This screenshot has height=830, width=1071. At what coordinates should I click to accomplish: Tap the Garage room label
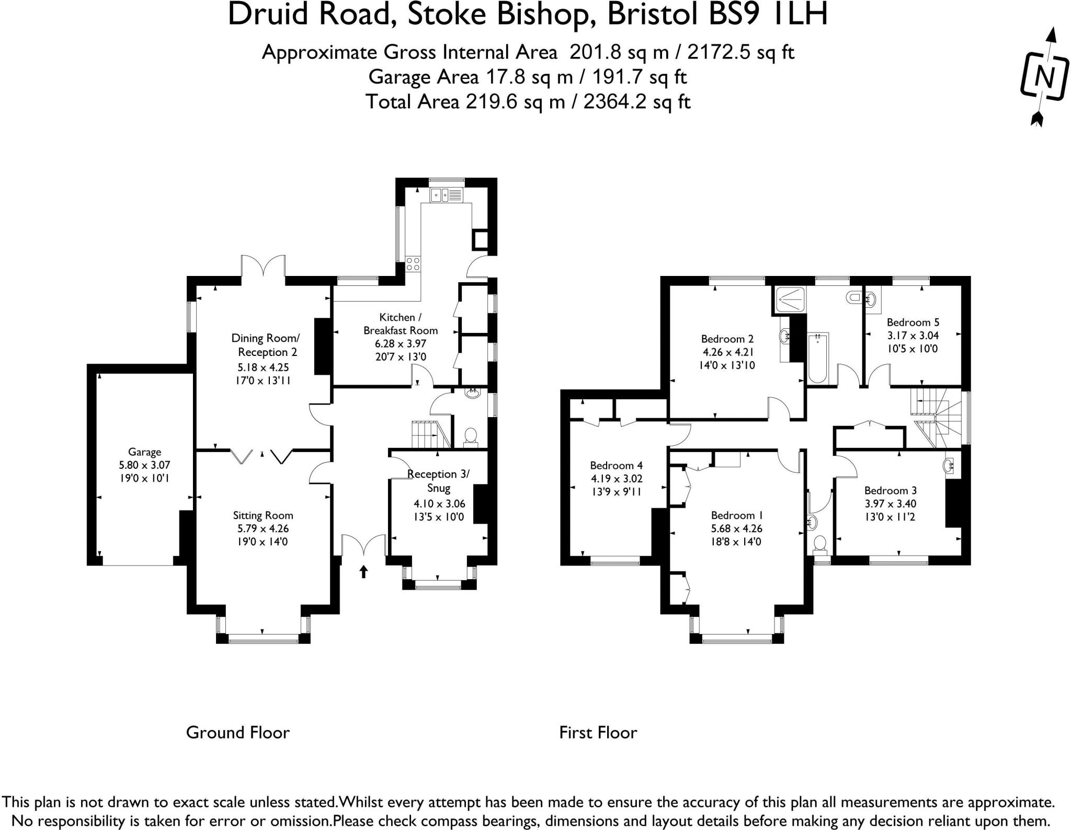coord(144,452)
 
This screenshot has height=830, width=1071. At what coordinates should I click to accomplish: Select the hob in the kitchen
coord(413,264)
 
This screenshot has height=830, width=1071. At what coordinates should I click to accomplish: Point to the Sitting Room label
coord(263,515)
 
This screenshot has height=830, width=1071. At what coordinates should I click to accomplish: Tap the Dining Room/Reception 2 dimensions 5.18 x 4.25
coord(263,367)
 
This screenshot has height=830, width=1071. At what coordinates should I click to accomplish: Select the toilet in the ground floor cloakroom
coord(471,436)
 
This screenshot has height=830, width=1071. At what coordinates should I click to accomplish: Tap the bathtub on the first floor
coord(817,359)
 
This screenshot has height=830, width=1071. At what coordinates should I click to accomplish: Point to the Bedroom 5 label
coord(913,322)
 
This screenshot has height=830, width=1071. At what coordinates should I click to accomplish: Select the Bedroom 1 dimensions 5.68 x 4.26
coord(736,528)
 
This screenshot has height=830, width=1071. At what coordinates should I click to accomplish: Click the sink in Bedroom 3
coord(950,465)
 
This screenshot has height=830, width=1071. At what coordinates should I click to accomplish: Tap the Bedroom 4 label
coord(616,465)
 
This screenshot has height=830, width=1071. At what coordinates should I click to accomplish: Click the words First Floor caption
coord(598,732)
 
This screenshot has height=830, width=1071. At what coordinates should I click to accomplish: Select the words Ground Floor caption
coord(237,732)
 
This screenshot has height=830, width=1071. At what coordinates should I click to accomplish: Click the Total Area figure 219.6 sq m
coord(515,101)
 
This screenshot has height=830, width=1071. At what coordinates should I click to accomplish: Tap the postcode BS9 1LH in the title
coord(760,15)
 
